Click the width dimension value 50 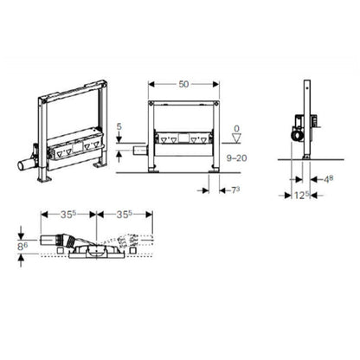183,84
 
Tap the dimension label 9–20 236,157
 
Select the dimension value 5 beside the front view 119,126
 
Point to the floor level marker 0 236,129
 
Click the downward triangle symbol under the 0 236,138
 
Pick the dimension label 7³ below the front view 235,190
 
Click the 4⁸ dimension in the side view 328,179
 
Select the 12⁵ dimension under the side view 302,196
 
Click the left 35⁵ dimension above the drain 68,215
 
